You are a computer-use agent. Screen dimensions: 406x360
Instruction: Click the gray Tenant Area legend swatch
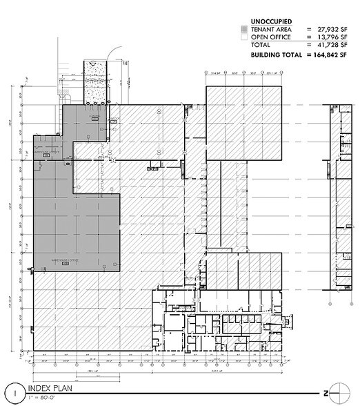click(x=243, y=29)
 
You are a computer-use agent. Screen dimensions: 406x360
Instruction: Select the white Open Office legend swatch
click(x=243, y=37)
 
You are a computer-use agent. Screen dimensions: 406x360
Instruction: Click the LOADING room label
click(x=86, y=117)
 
